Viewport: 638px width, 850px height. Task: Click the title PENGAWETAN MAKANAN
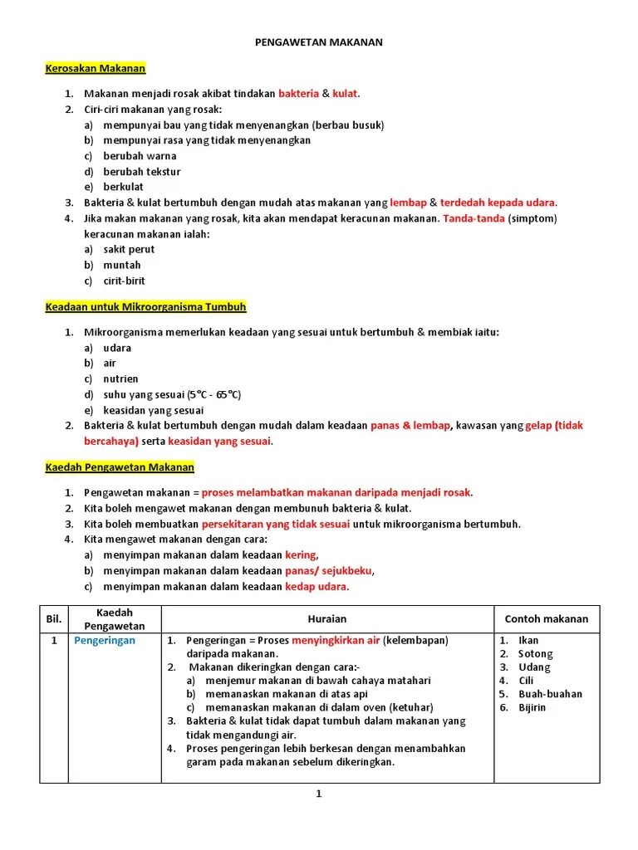(318, 42)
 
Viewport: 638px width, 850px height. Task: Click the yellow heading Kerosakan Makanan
(95, 69)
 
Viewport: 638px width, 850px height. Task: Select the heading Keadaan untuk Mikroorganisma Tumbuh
(145, 306)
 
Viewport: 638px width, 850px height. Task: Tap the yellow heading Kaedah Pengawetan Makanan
(119, 467)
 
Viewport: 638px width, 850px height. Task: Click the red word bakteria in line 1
(298, 94)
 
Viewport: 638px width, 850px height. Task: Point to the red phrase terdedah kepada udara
(498, 203)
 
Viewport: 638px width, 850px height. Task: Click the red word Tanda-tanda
(474, 218)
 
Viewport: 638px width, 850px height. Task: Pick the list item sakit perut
(129, 249)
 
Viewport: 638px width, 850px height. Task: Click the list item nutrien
(120, 379)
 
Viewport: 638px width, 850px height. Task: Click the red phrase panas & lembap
(410, 426)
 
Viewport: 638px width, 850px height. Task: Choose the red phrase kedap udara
(317, 587)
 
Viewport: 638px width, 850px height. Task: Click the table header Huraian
(326, 619)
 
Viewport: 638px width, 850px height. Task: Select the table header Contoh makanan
(546, 619)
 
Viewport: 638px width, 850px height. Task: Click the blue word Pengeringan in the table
(105, 641)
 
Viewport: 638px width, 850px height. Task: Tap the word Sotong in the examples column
(535, 654)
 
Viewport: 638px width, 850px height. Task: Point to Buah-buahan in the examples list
(550, 694)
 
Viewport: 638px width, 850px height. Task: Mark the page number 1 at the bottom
(318, 794)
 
